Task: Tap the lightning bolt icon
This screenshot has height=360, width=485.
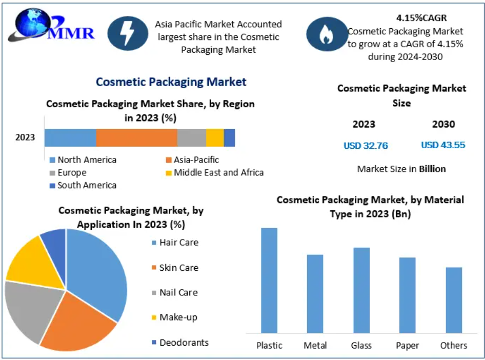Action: point(127,33)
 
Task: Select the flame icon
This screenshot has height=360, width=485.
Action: point(326,34)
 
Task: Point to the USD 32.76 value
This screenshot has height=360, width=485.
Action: point(366,146)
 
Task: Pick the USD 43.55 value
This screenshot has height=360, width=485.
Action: point(443,145)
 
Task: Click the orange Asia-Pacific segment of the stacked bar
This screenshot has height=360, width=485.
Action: point(136,138)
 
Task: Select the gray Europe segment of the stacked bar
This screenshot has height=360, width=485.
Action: point(192,138)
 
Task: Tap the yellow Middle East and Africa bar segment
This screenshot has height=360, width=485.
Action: point(215,138)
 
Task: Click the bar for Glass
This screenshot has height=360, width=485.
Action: point(361,290)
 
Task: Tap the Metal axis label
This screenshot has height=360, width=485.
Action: point(315,345)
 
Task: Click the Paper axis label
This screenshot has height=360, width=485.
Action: point(408,345)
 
